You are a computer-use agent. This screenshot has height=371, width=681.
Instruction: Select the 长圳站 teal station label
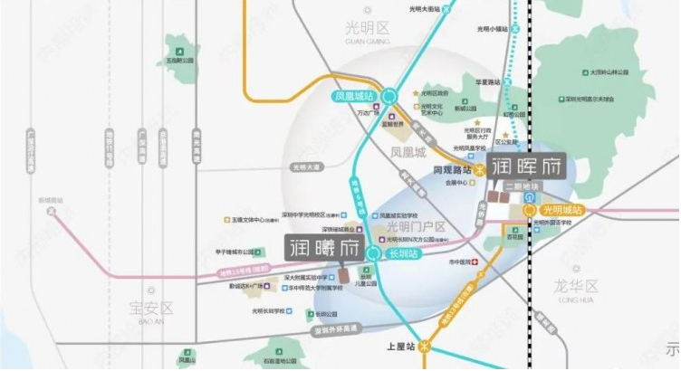(400, 255)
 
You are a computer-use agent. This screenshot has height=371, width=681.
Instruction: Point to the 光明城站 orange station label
(562, 210)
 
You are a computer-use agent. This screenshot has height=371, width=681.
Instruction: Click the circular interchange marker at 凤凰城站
(389, 94)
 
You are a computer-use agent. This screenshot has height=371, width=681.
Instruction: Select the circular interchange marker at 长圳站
(371, 254)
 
